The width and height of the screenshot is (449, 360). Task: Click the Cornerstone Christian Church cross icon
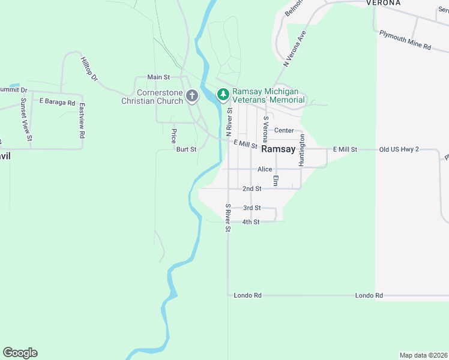192,95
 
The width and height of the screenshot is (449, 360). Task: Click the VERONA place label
384,3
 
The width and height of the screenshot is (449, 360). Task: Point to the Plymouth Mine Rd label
405,40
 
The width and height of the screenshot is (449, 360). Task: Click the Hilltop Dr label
89,70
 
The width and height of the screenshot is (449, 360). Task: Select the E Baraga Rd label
57,102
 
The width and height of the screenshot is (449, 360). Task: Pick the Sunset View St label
26,119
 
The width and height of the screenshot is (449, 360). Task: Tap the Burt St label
186,149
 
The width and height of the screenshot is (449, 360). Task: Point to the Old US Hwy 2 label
398,149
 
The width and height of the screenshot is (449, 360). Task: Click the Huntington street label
302,150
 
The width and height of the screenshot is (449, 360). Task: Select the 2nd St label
252,188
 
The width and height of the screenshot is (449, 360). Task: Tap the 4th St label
250,222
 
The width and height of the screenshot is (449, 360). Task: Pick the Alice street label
265,169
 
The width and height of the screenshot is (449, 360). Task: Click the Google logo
20,353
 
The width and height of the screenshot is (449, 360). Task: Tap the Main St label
159,77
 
